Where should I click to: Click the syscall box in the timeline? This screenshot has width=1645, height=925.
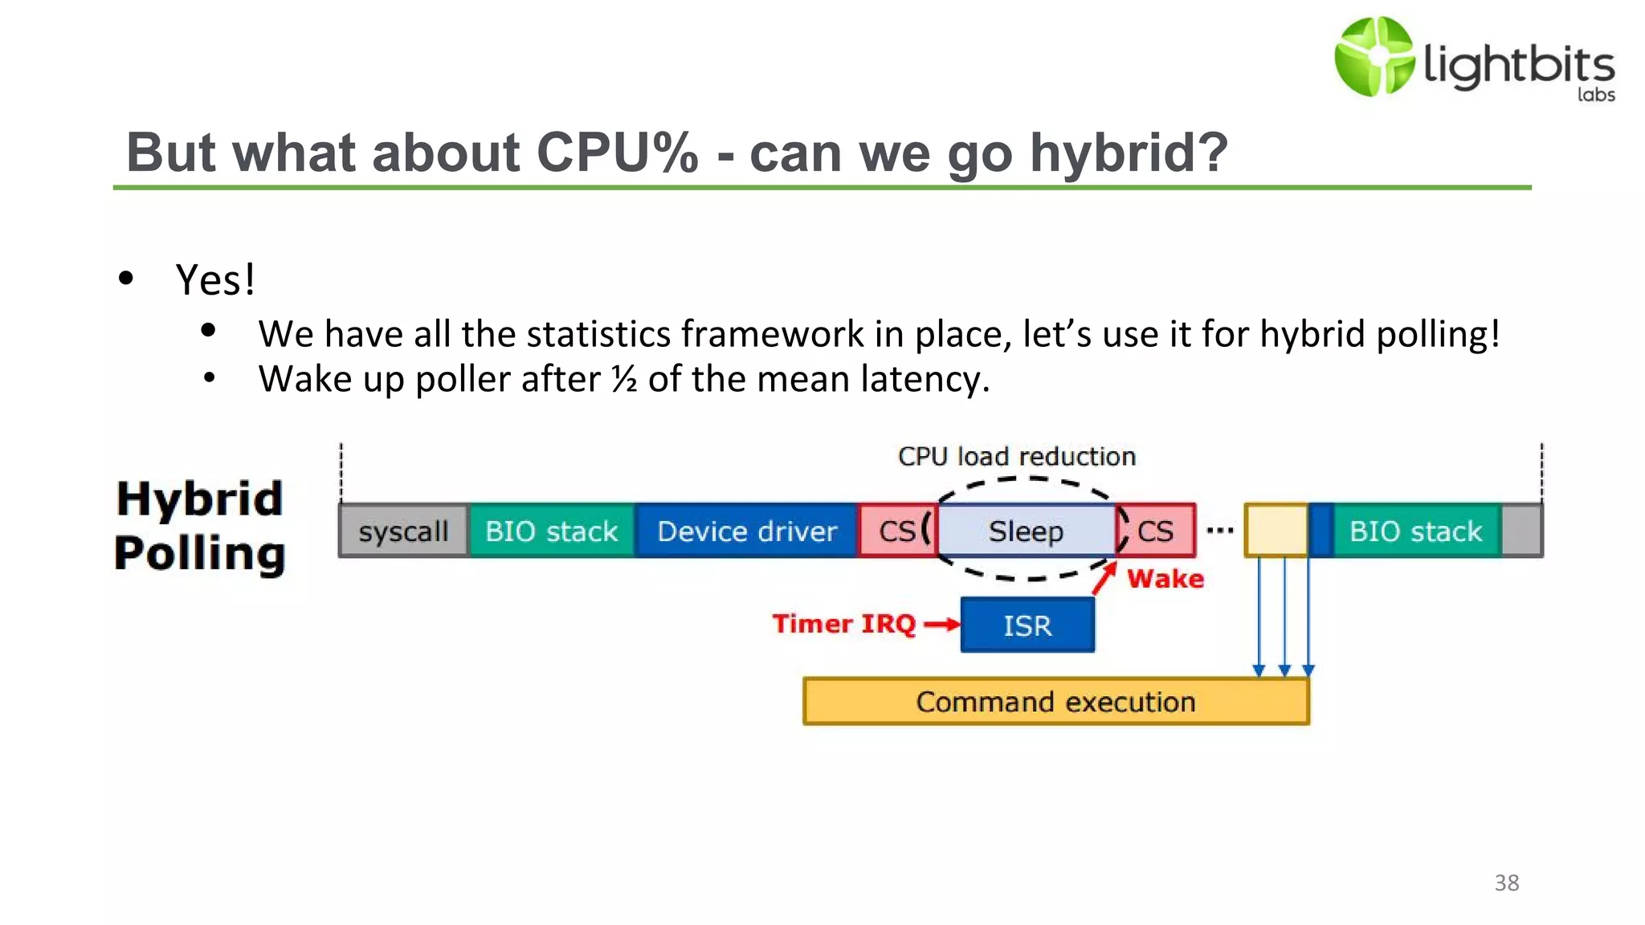pyautogui.click(x=403, y=531)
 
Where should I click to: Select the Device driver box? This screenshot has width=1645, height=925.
pyautogui.click(x=747, y=531)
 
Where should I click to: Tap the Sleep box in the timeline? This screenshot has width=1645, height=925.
pyautogui.click(x=1026, y=531)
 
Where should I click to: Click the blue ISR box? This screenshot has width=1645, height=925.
pyautogui.click(x=1027, y=625)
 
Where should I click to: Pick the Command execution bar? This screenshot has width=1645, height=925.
pyautogui.click(x=1055, y=702)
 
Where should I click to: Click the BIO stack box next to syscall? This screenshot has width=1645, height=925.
pyautogui.click(x=551, y=531)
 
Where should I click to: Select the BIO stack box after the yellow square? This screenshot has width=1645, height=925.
pyautogui.click(x=1415, y=531)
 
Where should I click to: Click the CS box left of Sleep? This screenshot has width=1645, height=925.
pyautogui.click(x=896, y=531)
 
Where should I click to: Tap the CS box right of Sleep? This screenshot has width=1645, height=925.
pyautogui.click(x=1157, y=531)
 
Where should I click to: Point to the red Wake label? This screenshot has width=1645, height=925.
pyautogui.click(x=1165, y=579)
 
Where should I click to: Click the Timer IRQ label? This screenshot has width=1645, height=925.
pyautogui.click(x=843, y=624)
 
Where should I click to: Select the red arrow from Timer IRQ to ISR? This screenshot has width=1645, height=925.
pyautogui.click(x=941, y=624)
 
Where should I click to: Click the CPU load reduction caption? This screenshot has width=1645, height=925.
pyautogui.click(x=1017, y=456)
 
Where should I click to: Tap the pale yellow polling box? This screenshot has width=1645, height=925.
pyautogui.click(x=1276, y=531)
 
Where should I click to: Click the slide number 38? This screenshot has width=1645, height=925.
pyautogui.click(x=1506, y=882)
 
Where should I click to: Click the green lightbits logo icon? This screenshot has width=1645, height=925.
pyautogui.click(x=1374, y=57)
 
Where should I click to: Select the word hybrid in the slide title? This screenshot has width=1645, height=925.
pyautogui.click(x=1129, y=153)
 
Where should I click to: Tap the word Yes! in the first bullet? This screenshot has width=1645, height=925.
pyautogui.click(x=215, y=279)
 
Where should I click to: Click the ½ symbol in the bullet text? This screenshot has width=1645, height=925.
pyautogui.click(x=624, y=378)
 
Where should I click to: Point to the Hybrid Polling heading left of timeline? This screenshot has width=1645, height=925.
pyautogui.click(x=199, y=526)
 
